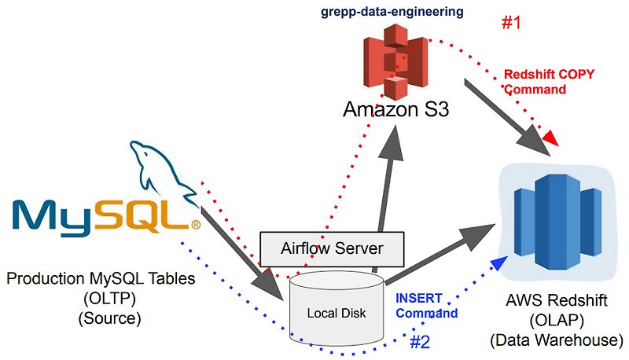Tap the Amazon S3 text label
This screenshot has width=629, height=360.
(x=396, y=109)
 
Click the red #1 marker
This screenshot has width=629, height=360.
(x=511, y=23)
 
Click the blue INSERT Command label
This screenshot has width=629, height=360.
(x=426, y=306)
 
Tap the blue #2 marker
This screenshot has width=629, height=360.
(x=421, y=342)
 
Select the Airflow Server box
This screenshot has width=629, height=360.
(x=333, y=248)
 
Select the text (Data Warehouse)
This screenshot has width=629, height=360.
(x=555, y=340)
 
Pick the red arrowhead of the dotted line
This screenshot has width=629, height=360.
(x=552, y=138)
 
